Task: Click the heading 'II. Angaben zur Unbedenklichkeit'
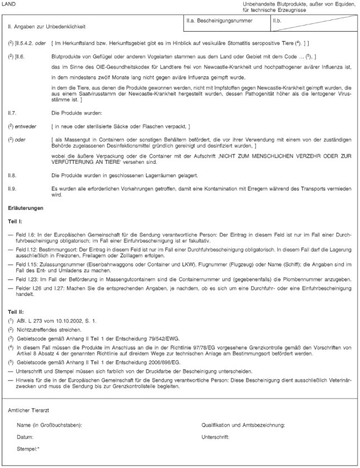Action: (x=46, y=26)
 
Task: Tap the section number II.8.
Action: (x=12, y=175)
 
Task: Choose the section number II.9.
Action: (x=12, y=188)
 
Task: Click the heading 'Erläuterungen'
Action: (x=25, y=208)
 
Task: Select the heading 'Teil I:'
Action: (x=15, y=221)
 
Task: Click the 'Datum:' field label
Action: (x=26, y=437)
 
